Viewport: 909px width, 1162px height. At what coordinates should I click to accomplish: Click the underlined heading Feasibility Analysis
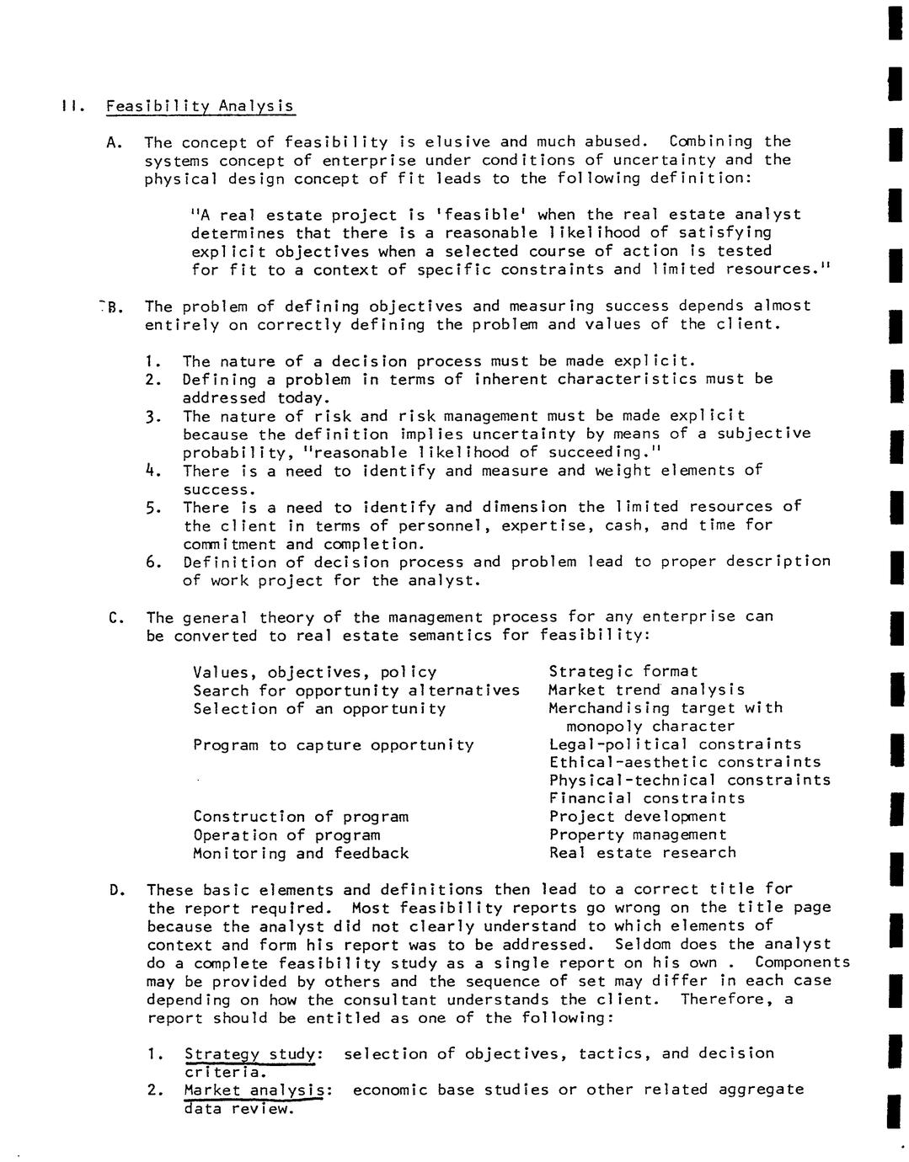201,106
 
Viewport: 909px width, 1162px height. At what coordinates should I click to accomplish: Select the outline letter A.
115,142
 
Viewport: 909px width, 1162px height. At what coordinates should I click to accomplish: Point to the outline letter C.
115,617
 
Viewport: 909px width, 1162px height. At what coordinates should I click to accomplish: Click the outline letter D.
115,890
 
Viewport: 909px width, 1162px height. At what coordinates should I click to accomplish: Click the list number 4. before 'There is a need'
152,470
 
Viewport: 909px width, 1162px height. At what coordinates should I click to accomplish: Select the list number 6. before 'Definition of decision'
152,562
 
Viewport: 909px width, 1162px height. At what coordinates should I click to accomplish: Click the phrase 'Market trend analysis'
647,690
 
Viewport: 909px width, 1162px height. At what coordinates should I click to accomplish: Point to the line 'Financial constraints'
647,798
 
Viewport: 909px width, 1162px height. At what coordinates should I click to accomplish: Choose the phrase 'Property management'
638,834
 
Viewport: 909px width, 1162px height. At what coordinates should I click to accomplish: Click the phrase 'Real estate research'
642,852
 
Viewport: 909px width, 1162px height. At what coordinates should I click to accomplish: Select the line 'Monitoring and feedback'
301,853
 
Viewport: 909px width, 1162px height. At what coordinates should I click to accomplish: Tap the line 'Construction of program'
301,816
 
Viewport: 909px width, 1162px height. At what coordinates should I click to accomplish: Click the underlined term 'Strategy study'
251,1053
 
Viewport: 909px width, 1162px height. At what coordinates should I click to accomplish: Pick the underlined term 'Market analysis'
255,1090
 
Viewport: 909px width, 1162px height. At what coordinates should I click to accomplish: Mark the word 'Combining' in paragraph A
711,141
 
